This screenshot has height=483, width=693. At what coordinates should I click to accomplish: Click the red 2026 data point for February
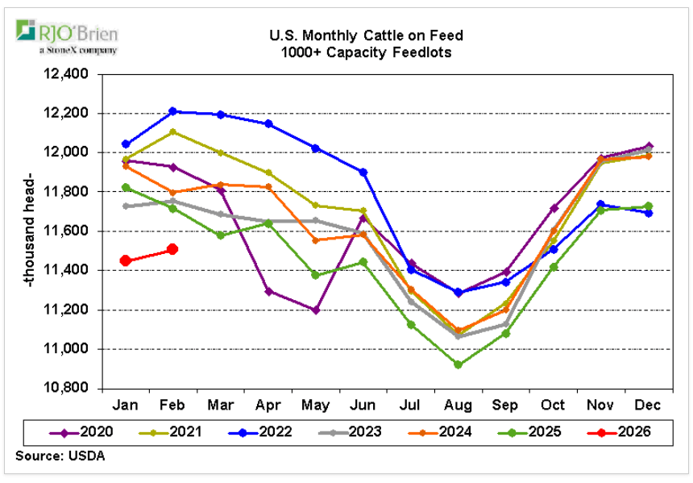coord(172,249)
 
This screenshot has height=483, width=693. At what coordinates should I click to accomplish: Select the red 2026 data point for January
coord(126,260)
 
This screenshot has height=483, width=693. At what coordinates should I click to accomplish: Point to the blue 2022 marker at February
coord(172,111)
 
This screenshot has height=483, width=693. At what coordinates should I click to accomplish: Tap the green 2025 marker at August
coord(458,364)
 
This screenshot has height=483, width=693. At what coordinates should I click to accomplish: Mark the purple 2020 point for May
coord(315,310)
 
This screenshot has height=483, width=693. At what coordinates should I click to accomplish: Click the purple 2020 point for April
coord(268,291)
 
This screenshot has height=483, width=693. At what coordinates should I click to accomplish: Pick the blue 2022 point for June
coord(363,172)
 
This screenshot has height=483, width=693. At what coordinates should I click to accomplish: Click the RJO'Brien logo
coord(68,37)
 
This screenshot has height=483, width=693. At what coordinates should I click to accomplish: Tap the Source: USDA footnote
coord(60,456)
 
